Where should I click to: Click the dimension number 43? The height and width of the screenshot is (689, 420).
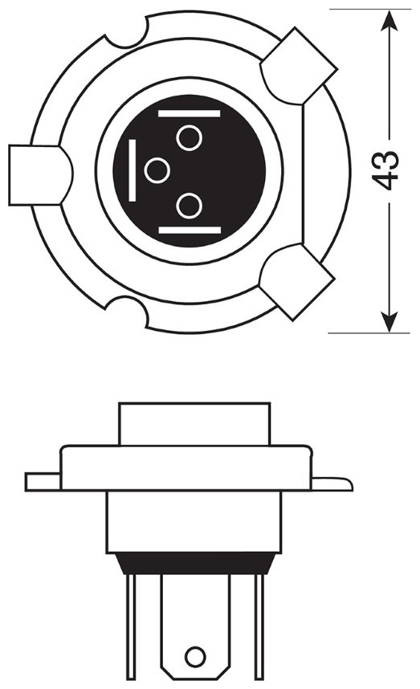click(385, 170)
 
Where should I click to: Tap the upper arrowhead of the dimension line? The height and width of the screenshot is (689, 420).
click(389, 22)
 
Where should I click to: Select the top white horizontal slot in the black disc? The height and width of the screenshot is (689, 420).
click(189, 114)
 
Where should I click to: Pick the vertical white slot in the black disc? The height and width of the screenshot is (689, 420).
click(132, 170)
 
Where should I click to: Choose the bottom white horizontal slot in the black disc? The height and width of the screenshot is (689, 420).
click(190, 230)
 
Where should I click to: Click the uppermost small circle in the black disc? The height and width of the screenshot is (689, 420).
click(189, 138)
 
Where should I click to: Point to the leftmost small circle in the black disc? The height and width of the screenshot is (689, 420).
click(157, 170)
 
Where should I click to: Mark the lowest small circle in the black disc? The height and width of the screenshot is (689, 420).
click(189, 206)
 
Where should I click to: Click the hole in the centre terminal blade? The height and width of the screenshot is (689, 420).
click(195, 658)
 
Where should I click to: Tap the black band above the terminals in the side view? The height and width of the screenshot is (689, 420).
click(195, 564)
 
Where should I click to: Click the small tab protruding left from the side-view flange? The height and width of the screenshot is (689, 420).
click(43, 482)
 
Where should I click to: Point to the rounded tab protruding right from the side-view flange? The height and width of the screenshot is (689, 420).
click(332, 483)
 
